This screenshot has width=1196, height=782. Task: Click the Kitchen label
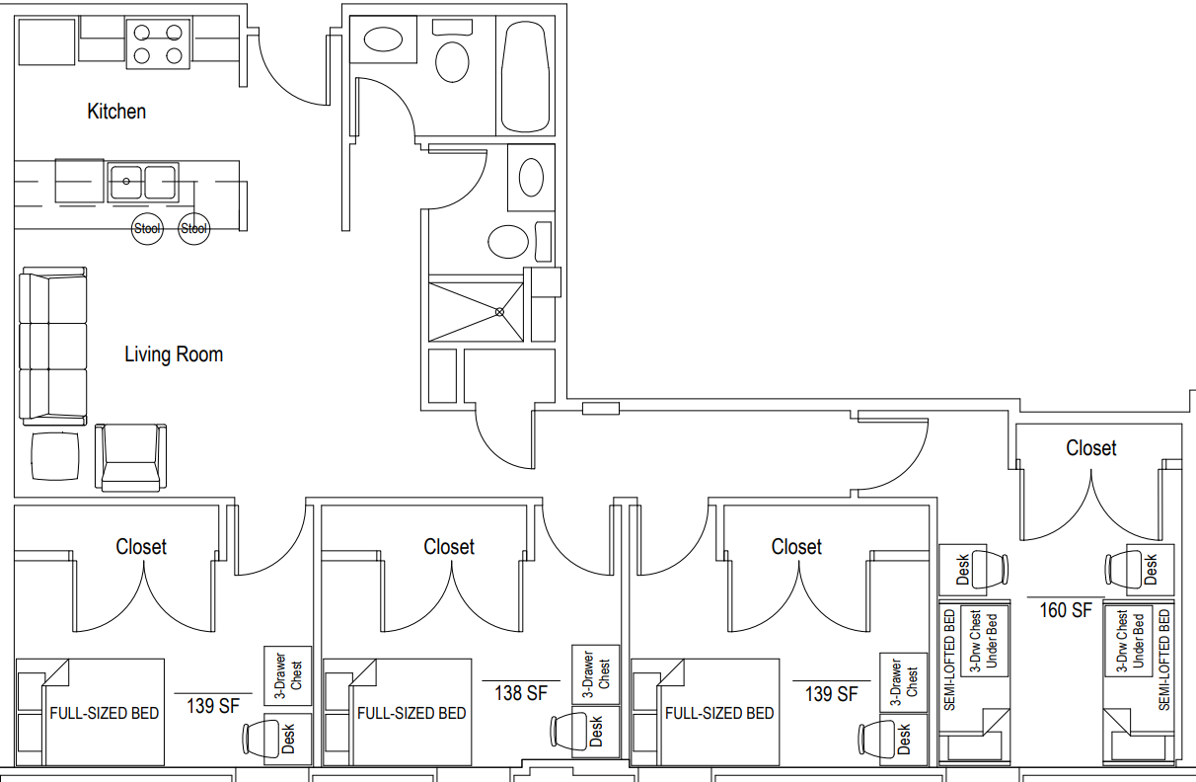(x=116, y=112)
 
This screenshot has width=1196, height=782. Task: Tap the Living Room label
(x=174, y=354)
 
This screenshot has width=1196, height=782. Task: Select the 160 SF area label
(x=1066, y=610)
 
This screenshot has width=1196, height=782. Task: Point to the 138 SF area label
(x=521, y=693)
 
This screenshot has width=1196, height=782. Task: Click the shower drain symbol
(x=499, y=312)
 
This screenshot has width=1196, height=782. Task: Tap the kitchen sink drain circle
(x=126, y=181)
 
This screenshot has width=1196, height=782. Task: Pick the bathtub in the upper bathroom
(x=525, y=76)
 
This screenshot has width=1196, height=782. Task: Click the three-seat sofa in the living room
(x=53, y=346)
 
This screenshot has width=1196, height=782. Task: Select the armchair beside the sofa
(x=131, y=458)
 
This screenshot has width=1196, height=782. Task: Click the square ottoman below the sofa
(x=55, y=456)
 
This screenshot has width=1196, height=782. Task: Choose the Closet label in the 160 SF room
(x=1090, y=448)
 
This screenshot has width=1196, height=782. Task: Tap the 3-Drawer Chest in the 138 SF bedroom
(x=596, y=674)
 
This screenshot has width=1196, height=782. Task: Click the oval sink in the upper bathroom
(x=383, y=39)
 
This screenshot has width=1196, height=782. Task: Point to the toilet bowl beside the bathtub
(x=452, y=61)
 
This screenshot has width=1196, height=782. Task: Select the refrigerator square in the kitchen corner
(x=46, y=41)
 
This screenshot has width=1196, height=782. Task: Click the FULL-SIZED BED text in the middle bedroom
(x=411, y=714)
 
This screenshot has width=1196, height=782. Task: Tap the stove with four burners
(x=158, y=43)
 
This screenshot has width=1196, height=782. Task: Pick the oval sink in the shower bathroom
(x=531, y=178)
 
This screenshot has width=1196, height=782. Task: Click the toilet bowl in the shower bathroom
(x=508, y=242)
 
